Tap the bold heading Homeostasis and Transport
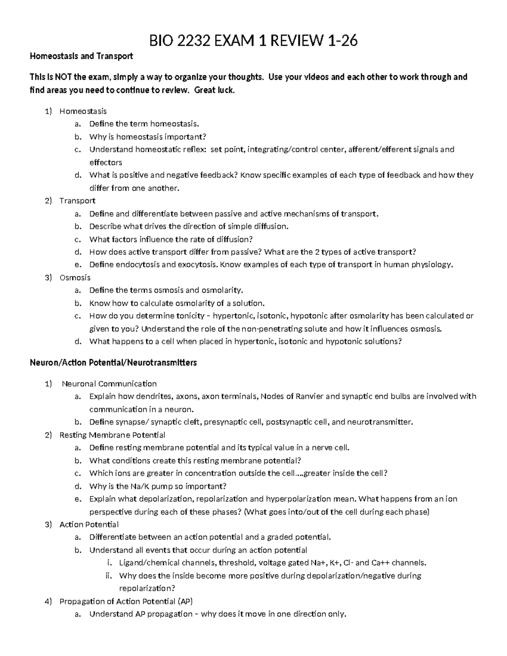pos(81,56)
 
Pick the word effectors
pos(106,162)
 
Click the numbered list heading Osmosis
pos(75,278)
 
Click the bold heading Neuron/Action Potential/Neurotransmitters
pos(113,362)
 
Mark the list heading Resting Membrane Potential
pos(112,435)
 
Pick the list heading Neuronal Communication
pos(109,384)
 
